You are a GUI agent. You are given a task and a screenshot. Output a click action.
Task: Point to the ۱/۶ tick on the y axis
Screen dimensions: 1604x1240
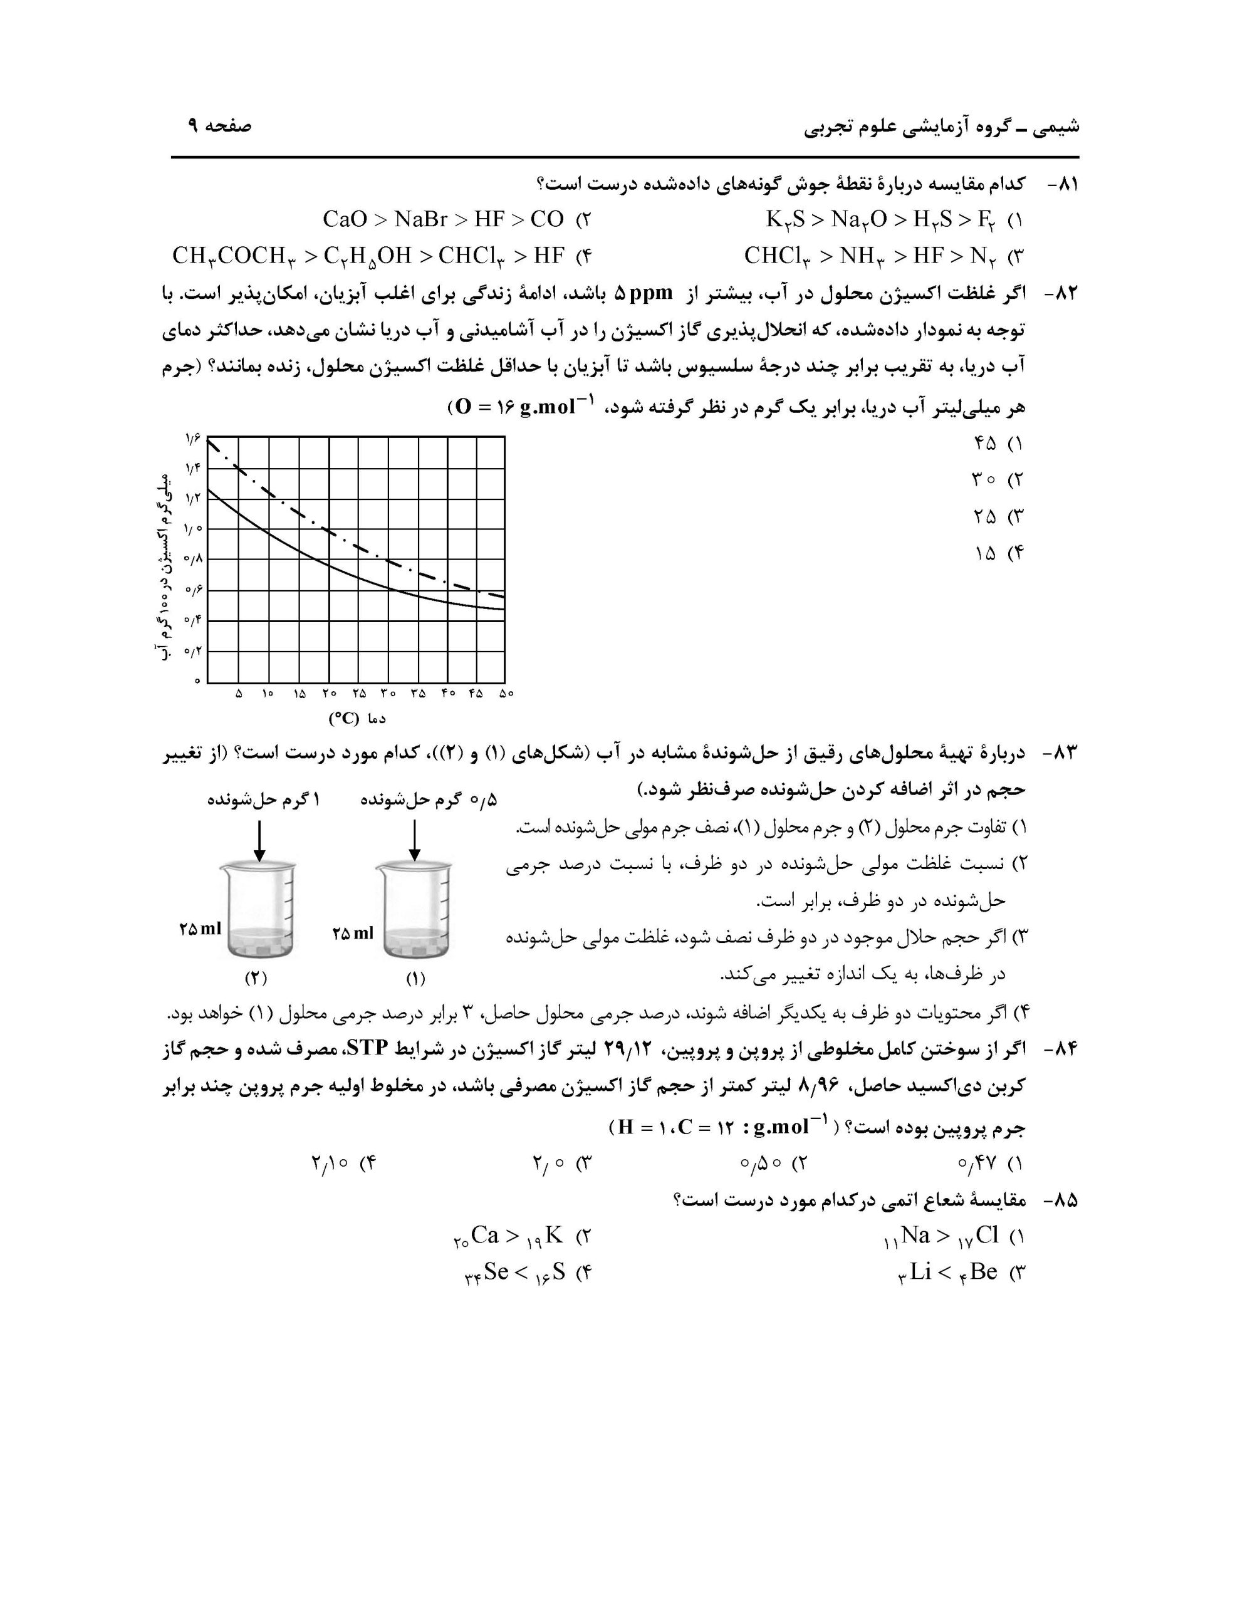click(x=193, y=439)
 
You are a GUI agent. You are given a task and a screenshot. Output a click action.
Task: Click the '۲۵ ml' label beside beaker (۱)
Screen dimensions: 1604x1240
click(x=353, y=934)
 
